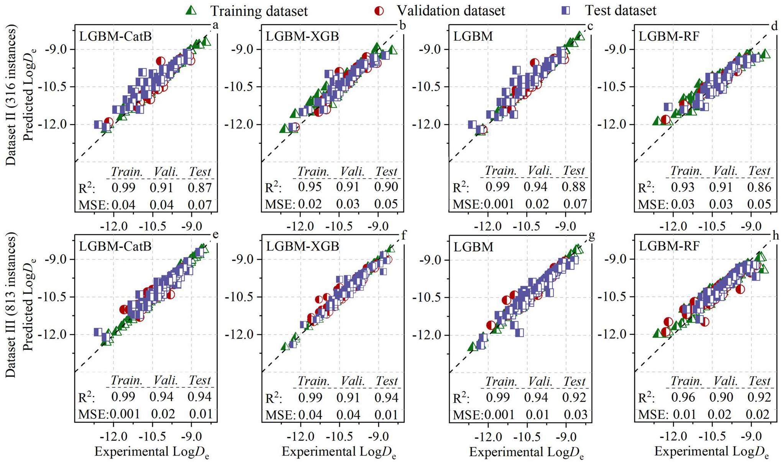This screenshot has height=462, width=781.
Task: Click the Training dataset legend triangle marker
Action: (191, 10)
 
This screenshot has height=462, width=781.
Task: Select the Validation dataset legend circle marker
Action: (379, 10)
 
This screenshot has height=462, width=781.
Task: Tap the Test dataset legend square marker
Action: (565, 10)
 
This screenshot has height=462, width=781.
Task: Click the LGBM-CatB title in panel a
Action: (115, 36)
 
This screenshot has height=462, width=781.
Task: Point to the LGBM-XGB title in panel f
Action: (302, 246)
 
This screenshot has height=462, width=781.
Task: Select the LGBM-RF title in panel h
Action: (669, 246)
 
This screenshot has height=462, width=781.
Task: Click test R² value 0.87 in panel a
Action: (200, 187)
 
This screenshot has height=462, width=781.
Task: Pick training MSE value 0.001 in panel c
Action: (498, 204)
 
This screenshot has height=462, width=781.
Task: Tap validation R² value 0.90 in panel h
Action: (721, 397)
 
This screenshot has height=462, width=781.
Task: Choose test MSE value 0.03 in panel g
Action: (575, 414)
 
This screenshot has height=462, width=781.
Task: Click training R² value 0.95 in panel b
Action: (310, 187)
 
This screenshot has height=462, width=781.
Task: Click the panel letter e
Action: (215, 234)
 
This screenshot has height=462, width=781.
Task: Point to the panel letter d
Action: (774, 26)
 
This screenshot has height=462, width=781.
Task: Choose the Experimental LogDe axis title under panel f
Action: (339, 452)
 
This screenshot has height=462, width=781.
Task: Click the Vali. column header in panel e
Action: (166, 380)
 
